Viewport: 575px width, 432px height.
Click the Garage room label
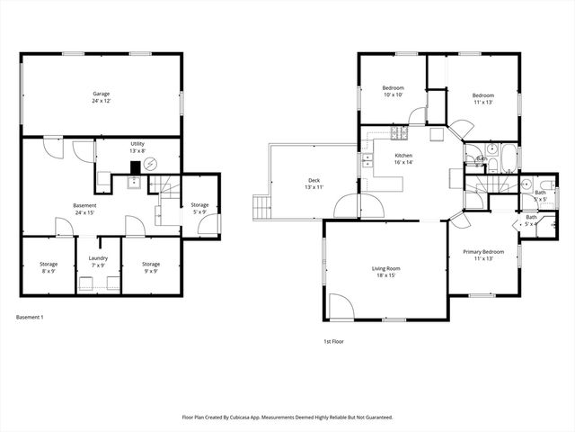pos(101,97)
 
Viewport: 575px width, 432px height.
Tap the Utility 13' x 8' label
pos(137,148)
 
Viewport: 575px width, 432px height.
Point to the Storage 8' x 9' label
pos(49,267)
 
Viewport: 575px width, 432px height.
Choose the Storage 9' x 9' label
pos(151,267)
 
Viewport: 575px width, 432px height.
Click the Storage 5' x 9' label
pos(199,209)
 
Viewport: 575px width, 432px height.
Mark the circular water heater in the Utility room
pos(152,164)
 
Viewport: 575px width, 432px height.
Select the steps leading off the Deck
pos(261,207)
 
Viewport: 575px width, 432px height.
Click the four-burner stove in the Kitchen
pos(398,135)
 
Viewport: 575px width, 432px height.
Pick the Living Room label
pos(386,272)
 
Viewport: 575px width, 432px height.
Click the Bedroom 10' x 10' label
pos(394,91)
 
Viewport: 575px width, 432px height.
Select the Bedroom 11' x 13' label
pos(483,98)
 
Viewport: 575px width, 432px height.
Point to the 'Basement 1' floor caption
pos(30,317)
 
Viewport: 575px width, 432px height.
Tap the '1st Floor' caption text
pos(333,341)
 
